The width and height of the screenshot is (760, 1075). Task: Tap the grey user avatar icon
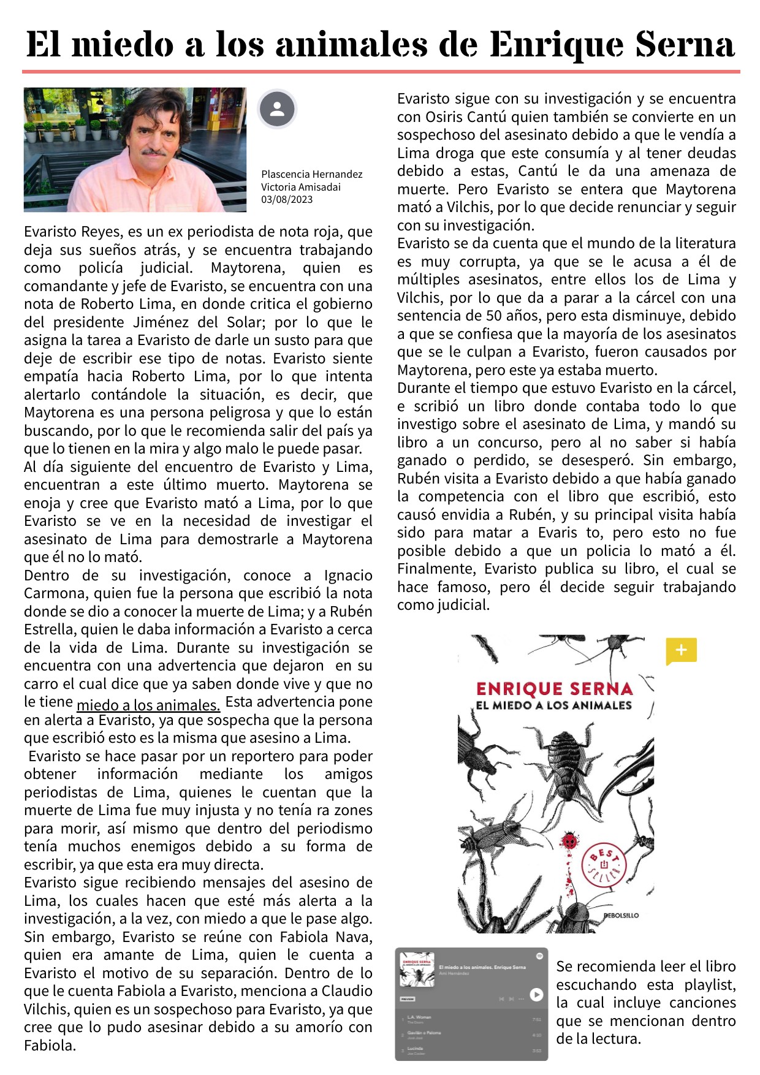[x=277, y=109]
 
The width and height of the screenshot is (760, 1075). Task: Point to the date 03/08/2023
[x=287, y=199]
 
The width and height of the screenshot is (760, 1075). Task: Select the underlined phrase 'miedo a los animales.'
[x=148, y=705]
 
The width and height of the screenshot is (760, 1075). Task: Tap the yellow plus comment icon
[x=681, y=650]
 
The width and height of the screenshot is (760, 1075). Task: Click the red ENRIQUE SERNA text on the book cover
[x=554, y=688]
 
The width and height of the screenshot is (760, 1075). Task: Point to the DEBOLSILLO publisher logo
[x=621, y=916]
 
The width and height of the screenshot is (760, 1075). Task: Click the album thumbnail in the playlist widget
[x=417, y=969]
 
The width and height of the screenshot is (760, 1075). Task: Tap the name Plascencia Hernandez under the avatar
[x=311, y=174]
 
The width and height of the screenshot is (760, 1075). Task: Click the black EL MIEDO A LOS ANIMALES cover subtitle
[x=553, y=705]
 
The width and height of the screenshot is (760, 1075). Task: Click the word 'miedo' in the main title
[x=123, y=45]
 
